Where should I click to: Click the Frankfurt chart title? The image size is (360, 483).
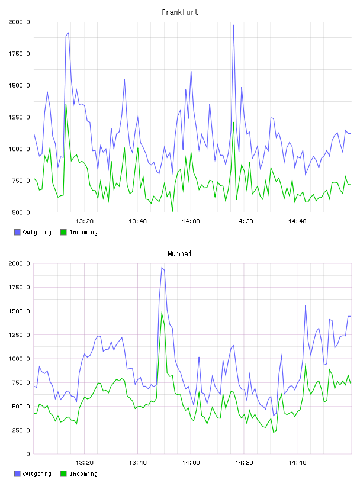tap(180, 12)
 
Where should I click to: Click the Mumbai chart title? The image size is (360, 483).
tap(179, 253)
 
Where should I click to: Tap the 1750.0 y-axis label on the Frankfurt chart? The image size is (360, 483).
tap(19, 54)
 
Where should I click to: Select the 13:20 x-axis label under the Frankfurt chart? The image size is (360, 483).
tap(84, 221)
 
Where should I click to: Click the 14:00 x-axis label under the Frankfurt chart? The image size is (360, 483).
tap(191, 221)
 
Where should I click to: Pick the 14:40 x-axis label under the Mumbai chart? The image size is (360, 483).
tap(297, 462)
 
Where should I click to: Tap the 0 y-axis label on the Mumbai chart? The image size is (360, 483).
tap(28, 454)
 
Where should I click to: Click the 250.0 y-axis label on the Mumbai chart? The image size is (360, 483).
tap(21, 430)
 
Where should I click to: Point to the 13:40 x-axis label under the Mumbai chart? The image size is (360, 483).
tap(137, 462)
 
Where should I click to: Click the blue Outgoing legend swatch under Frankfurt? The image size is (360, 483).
tap(17, 232)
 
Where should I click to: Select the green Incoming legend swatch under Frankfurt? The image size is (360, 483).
tap(63, 232)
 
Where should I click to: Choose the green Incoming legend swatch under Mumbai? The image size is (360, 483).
tap(63, 474)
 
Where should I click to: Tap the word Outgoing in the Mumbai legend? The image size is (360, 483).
tap(37, 474)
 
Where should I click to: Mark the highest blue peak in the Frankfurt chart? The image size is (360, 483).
tap(234, 25)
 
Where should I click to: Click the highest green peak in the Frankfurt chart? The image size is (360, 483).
tap(66, 104)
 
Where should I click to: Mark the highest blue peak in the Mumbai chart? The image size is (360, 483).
tap(162, 268)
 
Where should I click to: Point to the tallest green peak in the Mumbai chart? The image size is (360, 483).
tap(162, 313)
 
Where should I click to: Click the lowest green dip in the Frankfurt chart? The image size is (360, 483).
tap(172, 211)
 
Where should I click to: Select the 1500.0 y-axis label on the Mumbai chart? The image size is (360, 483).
tap(19, 311)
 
